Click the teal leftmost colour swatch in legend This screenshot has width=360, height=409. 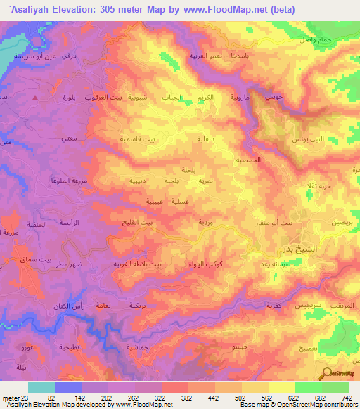(x=41, y=387)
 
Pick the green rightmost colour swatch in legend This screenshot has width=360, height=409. (x=335, y=387)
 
